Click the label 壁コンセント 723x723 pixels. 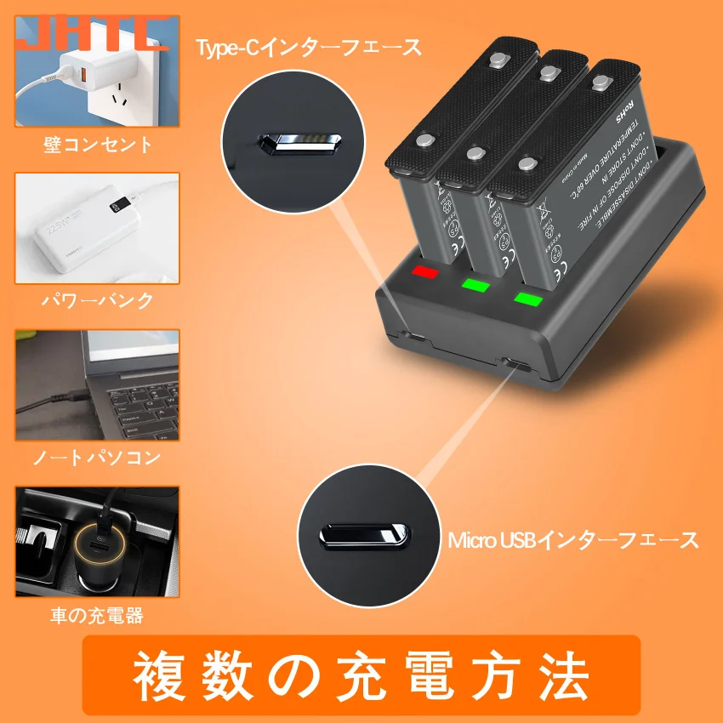tap(99, 145)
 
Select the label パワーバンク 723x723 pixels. tap(98, 300)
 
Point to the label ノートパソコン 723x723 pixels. tap(97, 458)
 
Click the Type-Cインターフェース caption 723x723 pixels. tap(309, 48)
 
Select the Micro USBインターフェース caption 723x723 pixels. tap(573, 539)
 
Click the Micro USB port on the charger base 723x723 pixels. tap(515, 364)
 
